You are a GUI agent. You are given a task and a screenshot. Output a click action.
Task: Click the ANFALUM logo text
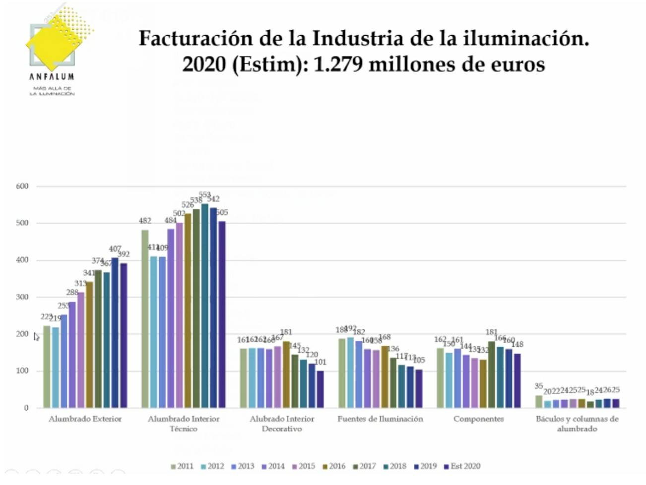point(52,76)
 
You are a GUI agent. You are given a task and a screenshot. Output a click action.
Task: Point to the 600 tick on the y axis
point(22,186)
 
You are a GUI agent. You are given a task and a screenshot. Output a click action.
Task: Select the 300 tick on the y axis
point(22,297)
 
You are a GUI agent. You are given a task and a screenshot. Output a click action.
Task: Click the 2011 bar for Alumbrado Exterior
point(47,367)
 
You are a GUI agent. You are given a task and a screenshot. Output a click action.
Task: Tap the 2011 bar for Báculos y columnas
point(539,402)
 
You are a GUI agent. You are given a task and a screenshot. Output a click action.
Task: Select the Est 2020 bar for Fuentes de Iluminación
point(419,388)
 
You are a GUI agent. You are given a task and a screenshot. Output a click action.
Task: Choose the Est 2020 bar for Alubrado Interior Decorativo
point(321,389)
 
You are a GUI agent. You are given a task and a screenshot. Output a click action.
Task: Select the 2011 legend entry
point(182,466)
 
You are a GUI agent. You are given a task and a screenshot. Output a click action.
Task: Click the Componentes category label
point(478,419)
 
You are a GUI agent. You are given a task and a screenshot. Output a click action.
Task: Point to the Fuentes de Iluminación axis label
point(380,419)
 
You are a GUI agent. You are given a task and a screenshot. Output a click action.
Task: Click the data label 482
point(145,221)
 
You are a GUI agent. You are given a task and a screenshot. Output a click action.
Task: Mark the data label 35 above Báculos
point(539,386)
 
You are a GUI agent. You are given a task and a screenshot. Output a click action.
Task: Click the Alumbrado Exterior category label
point(85,419)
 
